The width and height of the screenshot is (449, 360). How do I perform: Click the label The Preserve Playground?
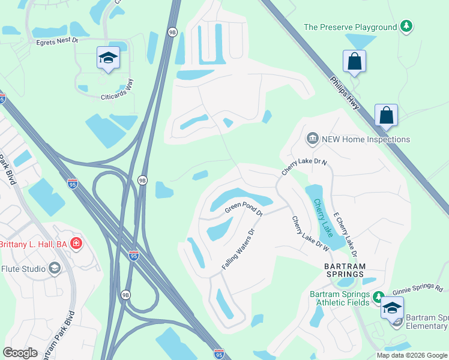coord(351,27)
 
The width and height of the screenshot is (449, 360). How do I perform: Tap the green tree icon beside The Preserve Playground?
coord(407,26)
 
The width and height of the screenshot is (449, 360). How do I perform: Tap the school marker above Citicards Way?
coord(108,58)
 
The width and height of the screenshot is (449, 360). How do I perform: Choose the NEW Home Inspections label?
coord(366,139)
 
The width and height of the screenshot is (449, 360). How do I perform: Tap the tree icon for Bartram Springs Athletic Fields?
coord(378,296)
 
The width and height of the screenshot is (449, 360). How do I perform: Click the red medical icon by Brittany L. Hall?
coord(76,244)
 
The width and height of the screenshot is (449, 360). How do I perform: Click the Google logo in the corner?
coord(20,352)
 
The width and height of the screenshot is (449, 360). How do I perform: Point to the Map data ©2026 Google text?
coord(411,355)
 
